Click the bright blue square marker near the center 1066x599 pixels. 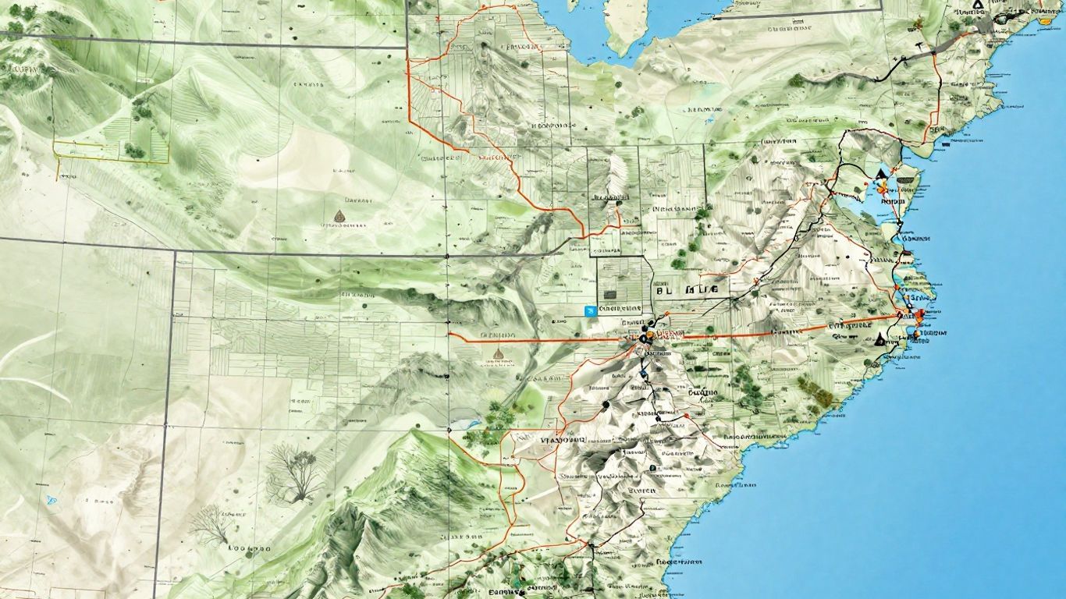(591, 310)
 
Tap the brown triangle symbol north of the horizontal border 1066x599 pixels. (339, 214)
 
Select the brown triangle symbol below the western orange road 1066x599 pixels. (497, 353)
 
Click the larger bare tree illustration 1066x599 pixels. (296, 473)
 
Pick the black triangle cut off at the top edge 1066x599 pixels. (979, 4)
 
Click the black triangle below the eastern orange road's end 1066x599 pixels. (881, 339)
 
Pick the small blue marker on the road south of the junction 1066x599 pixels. (642, 373)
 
